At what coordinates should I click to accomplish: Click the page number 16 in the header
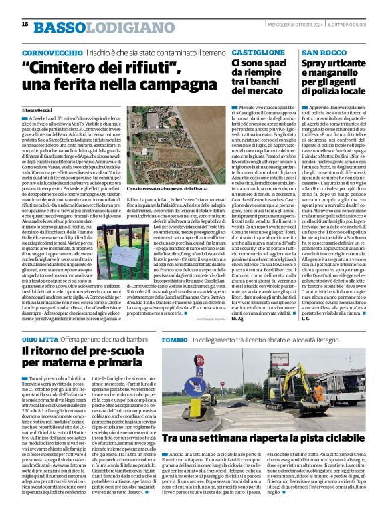coord(25,24)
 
